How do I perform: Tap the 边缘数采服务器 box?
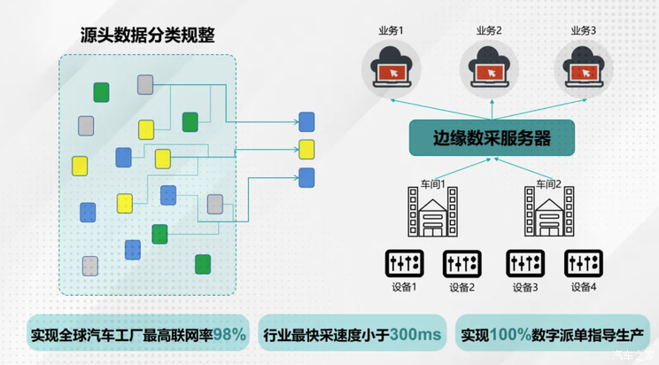[x=492, y=139]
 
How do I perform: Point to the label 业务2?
[x=489, y=30]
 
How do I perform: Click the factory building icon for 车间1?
[x=432, y=215]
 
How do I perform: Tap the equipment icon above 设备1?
[x=403, y=263]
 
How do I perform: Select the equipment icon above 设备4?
[x=582, y=263]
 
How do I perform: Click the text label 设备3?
[x=523, y=287]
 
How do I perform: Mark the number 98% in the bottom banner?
[x=229, y=335]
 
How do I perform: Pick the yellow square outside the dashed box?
[x=306, y=148]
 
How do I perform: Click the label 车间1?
[x=433, y=184]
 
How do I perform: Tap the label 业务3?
[x=584, y=30]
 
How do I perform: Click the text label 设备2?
[x=461, y=287]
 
